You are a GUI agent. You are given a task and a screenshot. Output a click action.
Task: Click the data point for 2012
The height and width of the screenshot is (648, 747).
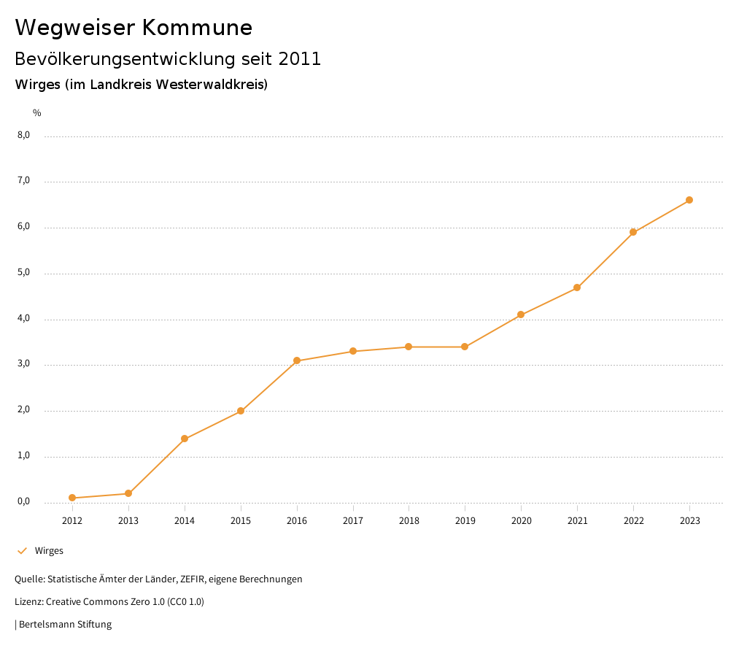coord(72,498)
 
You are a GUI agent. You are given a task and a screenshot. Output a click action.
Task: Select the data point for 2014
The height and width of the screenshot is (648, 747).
coord(185,439)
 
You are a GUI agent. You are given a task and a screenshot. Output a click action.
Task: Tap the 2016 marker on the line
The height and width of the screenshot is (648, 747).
coord(297,360)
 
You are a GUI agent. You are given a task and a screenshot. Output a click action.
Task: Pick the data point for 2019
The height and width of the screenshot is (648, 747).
coord(465,347)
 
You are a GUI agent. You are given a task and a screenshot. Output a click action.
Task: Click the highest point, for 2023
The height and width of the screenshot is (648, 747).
coord(689,200)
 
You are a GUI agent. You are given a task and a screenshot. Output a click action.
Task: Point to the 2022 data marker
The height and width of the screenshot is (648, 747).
coord(633,232)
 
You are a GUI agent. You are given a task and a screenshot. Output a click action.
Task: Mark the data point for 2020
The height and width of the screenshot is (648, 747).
coord(521,315)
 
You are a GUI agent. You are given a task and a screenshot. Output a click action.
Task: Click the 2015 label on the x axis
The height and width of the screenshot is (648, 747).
coord(241,520)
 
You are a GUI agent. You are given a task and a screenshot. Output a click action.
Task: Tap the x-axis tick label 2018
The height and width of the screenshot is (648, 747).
coord(409,520)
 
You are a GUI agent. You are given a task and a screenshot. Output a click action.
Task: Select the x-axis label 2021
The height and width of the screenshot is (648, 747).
coord(577,520)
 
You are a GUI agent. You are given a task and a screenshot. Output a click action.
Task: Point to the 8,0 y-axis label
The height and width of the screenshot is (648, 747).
coord(23,135)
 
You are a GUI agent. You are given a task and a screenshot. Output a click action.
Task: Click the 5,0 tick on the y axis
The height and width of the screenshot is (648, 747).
coord(23,272)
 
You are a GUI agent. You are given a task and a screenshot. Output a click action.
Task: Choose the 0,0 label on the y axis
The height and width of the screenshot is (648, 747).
coord(23,501)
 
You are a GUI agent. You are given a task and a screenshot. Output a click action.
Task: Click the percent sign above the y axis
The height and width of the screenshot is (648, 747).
coord(37,113)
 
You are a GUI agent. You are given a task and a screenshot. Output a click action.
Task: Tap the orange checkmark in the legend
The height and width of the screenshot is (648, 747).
coord(22,551)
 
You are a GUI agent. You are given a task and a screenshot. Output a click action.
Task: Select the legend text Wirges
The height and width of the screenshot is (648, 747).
coord(49,551)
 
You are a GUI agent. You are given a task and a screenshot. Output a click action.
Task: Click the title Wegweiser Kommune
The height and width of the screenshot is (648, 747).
coord(133,28)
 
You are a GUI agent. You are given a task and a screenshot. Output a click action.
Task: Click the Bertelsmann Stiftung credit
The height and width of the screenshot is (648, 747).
coord(65,625)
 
